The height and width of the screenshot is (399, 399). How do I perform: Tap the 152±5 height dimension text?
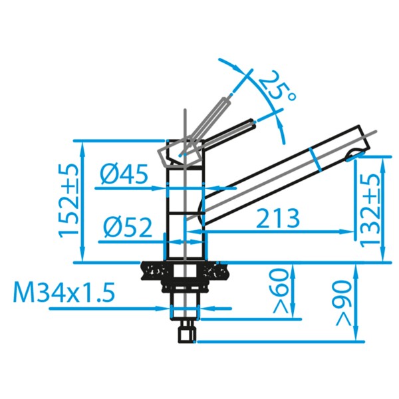pyautogui.click(x=68, y=201)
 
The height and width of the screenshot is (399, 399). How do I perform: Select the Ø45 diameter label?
pyautogui.click(x=124, y=174)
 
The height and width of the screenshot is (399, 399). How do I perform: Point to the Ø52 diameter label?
pyautogui.click(x=128, y=227)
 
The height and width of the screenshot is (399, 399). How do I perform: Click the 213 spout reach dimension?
pyautogui.click(x=278, y=218)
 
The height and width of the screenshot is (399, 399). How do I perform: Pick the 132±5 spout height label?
pyautogui.click(x=371, y=209)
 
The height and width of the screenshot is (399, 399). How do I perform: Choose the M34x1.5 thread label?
pyautogui.click(x=64, y=292)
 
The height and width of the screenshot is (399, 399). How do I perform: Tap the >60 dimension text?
pyautogui.click(x=281, y=291)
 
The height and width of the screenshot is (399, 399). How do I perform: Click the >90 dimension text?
pyautogui.click(x=343, y=303)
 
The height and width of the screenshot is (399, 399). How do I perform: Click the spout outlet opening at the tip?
pyautogui.click(x=354, y=155)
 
